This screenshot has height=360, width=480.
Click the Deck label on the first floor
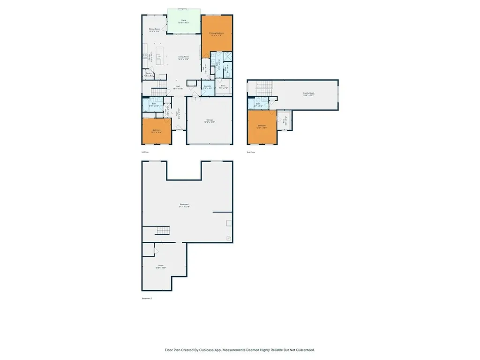coord(185,21)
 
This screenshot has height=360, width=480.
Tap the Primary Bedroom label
coord(217,34)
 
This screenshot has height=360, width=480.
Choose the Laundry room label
coord(208,86)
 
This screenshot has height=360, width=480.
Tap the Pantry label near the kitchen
coord(149,74)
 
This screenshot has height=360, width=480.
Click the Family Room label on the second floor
coord(308,94)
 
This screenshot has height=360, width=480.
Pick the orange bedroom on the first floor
coord(156,131)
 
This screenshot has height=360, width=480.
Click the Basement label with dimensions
coord(184,205)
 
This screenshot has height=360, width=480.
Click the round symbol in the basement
coord(228,238)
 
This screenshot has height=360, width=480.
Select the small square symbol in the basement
coord(228,223)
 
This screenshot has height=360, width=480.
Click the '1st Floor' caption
coord(145,152)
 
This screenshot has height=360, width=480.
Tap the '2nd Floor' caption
coord(251,152)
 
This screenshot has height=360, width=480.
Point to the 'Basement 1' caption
coord(147,298)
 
